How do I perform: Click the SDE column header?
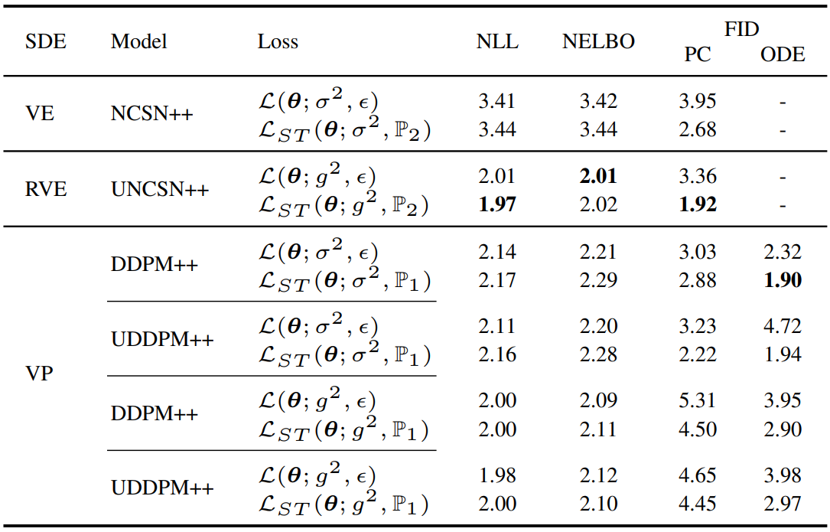46,41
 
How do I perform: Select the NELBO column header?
598,41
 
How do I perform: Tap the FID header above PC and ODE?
741,28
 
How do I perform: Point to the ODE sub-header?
783,54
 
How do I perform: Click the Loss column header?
278,41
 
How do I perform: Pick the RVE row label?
46,189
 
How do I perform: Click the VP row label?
39,373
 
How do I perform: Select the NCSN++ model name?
152,113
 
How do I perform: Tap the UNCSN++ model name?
160,189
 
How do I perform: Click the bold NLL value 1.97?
497,204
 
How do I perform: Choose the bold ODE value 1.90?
783,279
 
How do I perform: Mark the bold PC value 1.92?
698,204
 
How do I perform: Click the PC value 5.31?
698,400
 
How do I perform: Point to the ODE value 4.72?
783,325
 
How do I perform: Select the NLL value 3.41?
497,101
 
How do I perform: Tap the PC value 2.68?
698,129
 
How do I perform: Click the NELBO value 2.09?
598,400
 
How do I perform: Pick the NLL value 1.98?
497,475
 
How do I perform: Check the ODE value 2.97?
783,504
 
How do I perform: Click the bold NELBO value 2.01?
598,176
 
